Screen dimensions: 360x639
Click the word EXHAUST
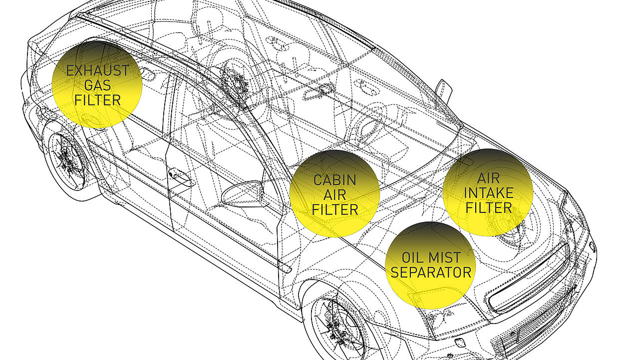97,70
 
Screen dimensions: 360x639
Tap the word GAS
97,85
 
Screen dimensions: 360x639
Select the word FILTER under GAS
97,100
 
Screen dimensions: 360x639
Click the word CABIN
334,179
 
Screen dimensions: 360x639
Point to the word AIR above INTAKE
488,177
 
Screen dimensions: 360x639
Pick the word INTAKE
488,192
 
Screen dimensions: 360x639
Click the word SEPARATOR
431,272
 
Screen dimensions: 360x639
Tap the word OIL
412,257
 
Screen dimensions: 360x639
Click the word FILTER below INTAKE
488,207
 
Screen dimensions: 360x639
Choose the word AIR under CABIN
334,194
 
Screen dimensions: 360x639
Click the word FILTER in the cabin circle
334,209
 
